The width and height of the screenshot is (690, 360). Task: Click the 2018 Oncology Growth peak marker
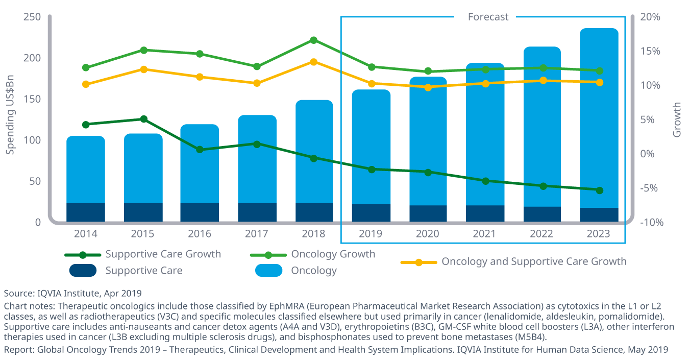314,40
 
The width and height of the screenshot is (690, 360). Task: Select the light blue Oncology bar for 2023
599,117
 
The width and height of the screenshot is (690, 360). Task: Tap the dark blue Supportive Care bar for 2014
86,212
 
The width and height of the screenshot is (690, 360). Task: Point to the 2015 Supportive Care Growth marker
144,119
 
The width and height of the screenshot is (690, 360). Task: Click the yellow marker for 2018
314,62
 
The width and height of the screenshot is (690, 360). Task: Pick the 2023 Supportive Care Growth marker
599,190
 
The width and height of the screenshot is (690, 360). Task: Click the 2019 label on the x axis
371,234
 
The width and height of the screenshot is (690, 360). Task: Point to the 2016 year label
200,234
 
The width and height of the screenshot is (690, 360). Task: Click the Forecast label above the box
488,17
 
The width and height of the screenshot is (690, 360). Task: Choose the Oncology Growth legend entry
333,254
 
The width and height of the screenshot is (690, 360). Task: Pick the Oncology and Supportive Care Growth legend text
533,261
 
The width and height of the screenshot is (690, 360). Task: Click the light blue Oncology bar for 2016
200,163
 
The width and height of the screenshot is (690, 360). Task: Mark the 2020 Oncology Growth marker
428,71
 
